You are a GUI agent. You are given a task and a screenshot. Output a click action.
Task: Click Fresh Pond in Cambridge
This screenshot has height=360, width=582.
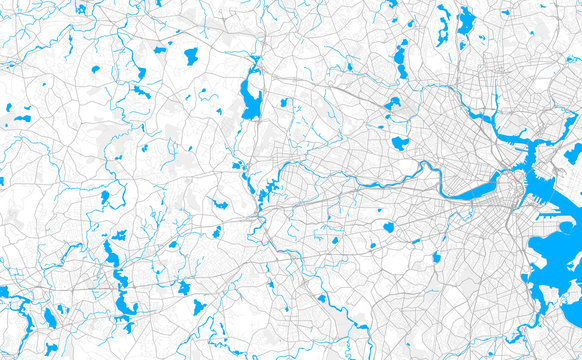point(400,143)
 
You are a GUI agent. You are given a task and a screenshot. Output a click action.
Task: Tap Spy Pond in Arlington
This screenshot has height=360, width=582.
point(392,103)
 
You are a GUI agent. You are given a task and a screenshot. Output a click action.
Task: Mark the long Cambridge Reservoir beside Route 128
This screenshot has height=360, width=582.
point(250,98)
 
